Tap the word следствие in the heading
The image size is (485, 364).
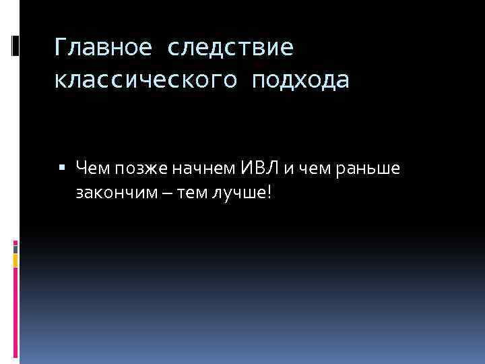(229, 49)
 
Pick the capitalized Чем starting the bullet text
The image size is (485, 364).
(90, 167)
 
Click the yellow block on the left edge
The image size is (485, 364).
(15, 259)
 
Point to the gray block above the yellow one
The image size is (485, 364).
(15, 247)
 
